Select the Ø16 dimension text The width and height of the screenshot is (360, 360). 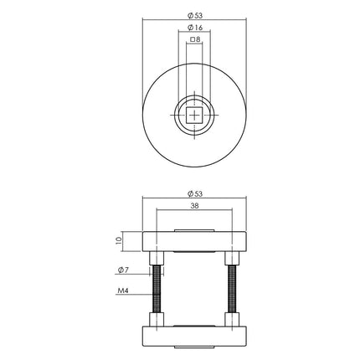tap(193, 27)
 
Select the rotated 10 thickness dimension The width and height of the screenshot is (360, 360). tap(120, 239)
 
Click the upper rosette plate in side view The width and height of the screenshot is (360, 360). tap(193, 240)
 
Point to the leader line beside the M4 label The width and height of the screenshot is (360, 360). tap(141, 293)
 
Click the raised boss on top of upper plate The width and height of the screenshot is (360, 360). tap(193, 228)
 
